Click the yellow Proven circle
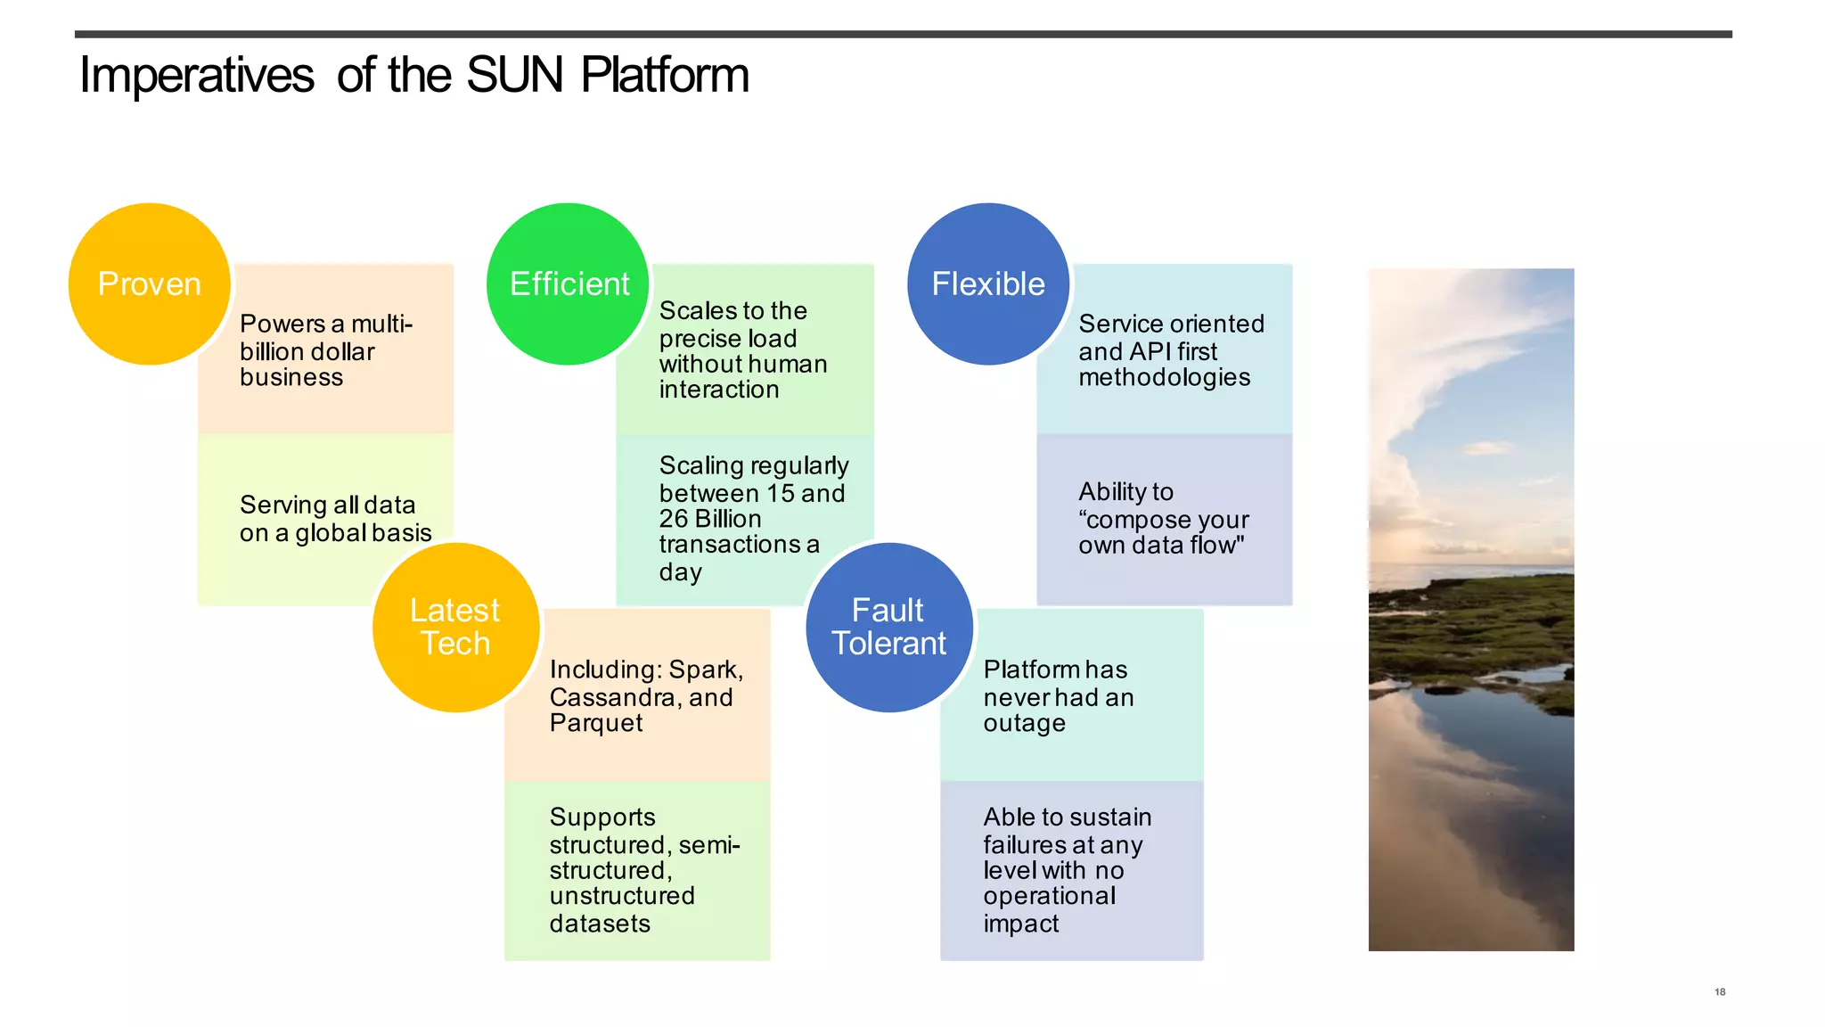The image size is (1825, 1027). tap(150, 283)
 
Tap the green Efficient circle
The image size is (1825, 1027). tap(569, 283)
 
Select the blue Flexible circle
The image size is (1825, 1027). tap(988, 283)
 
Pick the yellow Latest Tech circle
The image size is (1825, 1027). tap(455, 627)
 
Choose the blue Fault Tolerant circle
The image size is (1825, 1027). tap(888, 627)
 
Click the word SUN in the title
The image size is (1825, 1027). tap(514, 75)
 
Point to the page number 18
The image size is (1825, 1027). tap(1720, 991)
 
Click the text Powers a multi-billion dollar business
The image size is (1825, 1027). tap(325, 350)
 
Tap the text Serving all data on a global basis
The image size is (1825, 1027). tap(335, 519)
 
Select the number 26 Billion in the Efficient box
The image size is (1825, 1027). tap(709, 519)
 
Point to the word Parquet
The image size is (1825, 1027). tap(595, 723)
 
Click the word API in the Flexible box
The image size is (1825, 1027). tap(1150, 351)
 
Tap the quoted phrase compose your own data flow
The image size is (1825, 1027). tap(1163, 532)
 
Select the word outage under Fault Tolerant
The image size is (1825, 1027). tap(1024, 723)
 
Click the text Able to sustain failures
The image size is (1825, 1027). tap(1067, 830)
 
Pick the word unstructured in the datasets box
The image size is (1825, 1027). tap(621, 896)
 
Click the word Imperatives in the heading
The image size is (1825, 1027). tap(196, 75)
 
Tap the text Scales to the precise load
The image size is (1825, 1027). tap(732, 325)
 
